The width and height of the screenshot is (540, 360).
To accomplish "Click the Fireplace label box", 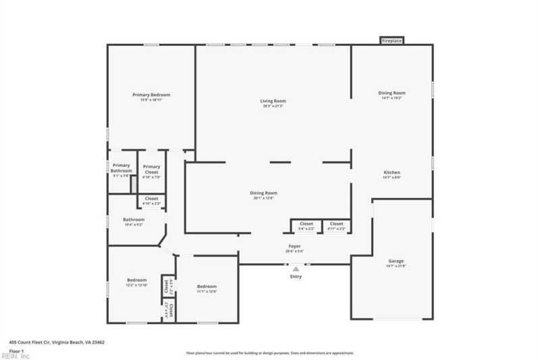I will [392, 41].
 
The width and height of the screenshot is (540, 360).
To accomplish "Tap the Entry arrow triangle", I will [296, 268].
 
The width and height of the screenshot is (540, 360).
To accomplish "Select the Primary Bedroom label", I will [151, 95].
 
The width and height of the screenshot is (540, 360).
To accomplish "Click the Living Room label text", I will [273, 101].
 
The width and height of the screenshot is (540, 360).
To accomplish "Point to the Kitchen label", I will [392, 172].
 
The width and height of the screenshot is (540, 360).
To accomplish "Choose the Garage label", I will [396, 261].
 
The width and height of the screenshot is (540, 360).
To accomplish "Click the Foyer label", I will [295, 247].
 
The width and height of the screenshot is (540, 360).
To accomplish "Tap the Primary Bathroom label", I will [122, 168].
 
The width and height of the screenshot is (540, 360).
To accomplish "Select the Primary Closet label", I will [152, 169].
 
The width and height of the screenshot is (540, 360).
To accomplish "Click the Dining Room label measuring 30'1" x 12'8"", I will [265, 193].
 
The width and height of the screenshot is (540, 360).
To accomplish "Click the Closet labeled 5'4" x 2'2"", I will [306, 224].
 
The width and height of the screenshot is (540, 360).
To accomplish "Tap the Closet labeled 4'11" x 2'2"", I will [336, 224].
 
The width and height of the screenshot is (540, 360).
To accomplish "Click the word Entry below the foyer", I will [296, 276].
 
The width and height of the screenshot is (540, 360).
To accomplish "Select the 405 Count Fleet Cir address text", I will [57, 342].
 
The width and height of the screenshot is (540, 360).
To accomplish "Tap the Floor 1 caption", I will [17, 351].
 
